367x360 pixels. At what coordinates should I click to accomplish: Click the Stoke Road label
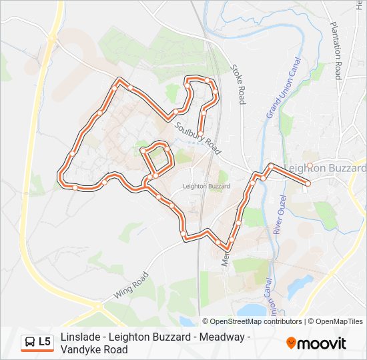(238, 84)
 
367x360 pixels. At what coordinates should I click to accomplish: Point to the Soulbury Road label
(197, 133)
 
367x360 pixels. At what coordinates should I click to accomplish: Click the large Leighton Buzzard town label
(326, 168)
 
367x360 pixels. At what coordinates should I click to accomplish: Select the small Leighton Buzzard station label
(206, 187)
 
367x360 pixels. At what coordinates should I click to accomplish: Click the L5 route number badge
(45, 342)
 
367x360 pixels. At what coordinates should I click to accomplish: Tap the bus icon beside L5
(30, 343)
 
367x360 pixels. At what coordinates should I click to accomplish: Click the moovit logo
(316, 343)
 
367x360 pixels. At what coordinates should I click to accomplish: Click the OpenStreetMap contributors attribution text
(256, 321)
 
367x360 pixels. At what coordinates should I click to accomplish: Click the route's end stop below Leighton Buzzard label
(308, 183)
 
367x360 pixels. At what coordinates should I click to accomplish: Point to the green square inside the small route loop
(157, 158)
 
